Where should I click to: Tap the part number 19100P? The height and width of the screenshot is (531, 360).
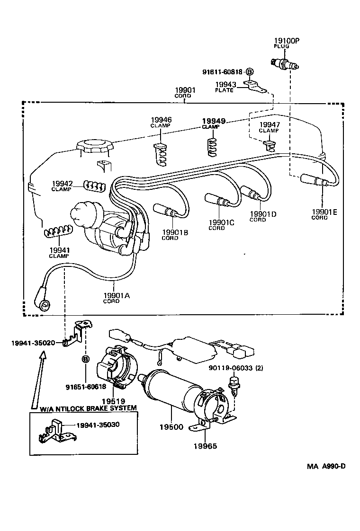287,41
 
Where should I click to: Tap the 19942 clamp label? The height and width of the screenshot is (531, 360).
62,186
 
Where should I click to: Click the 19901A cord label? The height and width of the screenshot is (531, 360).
116,297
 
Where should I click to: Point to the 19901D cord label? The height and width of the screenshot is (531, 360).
262,216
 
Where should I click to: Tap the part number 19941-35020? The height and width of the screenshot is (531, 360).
33,342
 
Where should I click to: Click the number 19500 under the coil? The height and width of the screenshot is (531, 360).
171,427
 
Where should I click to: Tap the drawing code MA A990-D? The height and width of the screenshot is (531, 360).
326,466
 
